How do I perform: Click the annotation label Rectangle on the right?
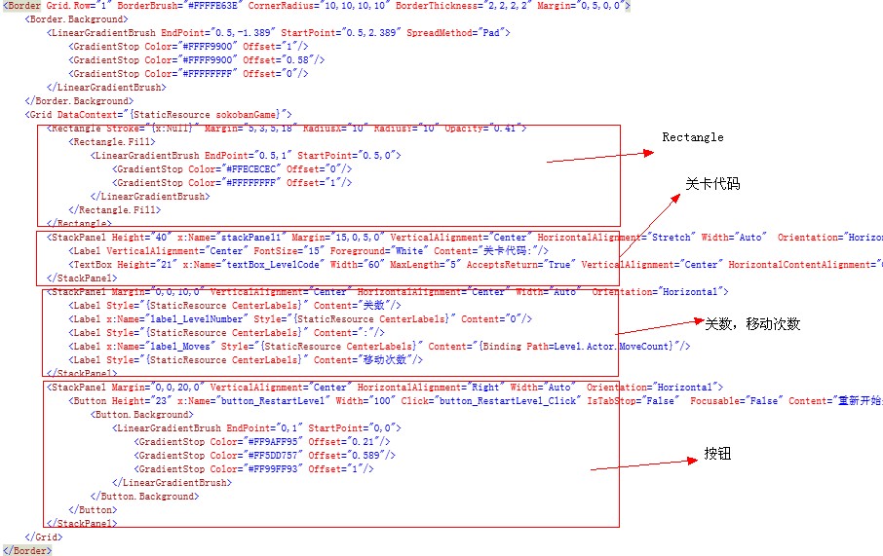[693, 137]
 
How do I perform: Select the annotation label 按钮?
[717, 454]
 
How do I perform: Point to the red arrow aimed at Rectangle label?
[598, 156]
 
